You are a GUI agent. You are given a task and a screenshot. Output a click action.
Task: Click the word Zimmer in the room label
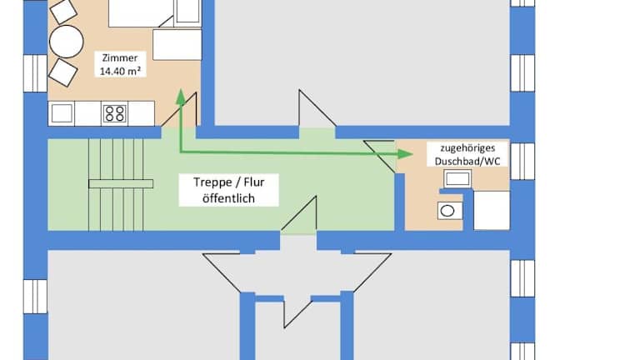tap(121, 57)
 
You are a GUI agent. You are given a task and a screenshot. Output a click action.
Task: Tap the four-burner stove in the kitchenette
tap(115, 112)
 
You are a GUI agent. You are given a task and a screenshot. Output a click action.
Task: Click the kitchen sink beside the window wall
tap(62, 112)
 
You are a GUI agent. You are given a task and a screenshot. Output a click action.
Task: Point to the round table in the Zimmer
tap(67, 41)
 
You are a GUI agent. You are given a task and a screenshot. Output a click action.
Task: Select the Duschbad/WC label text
tap(456, 159)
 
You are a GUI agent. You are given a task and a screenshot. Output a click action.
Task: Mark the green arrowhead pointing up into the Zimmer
tap(179, 96)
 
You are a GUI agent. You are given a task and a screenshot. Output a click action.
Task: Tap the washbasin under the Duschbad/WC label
tap(457, 177)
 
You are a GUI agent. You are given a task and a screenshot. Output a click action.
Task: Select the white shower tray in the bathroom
tap(492, 210)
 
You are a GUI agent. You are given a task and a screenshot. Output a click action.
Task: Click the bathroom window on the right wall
tap(522, 161)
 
